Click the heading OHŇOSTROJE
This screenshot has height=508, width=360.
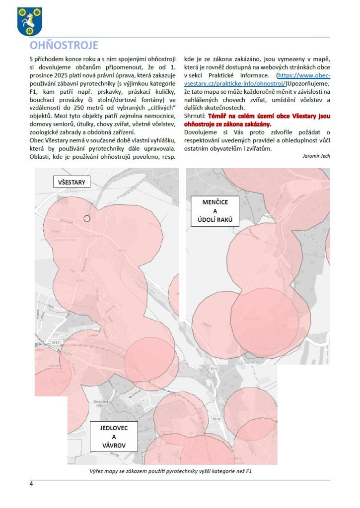point(64,46)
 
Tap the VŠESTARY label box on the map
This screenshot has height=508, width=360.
point(72,182)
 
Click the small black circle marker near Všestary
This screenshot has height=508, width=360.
point(87,218)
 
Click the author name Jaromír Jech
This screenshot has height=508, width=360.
point(316,156)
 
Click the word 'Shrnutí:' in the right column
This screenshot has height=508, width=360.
point(195,116)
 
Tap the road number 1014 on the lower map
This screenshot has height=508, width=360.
point(216,419)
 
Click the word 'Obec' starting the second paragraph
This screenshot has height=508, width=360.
point(37,140)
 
